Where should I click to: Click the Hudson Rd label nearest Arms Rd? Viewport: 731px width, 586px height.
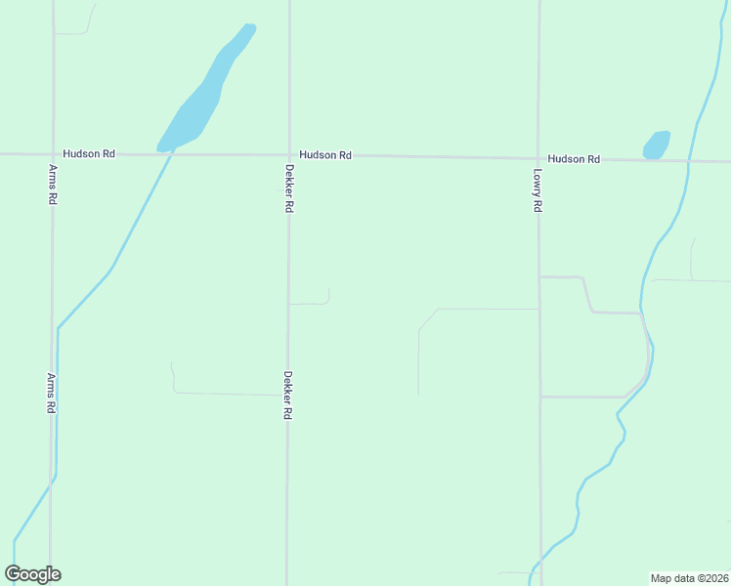[x=89, y=154]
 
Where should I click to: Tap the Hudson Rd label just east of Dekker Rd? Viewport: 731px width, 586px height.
[x=325, y=155]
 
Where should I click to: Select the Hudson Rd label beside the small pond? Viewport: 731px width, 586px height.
[x=574, y=159]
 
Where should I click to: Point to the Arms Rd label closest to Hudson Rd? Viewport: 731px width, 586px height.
[x=53, y=184]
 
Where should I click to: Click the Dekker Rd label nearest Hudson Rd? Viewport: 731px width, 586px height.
[x=289, y=188]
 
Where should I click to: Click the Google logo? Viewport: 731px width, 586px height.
[x=32, y=574]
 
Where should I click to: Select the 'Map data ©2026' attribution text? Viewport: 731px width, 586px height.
[x=689, y=578]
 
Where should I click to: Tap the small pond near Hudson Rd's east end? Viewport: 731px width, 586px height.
[x=657, y=145]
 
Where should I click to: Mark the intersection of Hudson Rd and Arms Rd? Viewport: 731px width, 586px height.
[x=53, y=154]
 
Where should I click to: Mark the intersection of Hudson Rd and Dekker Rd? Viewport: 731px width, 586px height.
[x=289, y=155]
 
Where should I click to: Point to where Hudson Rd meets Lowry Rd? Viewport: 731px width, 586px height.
[x=538, y=158]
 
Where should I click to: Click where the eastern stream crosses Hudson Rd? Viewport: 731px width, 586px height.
[x=690, y=161]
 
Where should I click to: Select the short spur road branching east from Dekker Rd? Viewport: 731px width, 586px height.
[x=311, y=304]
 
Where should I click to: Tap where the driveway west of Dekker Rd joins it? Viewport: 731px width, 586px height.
[x=287, y=396]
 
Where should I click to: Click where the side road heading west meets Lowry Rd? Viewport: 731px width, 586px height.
[x=539, y=309]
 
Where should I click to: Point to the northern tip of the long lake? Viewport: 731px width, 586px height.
[x=250, y=26]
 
